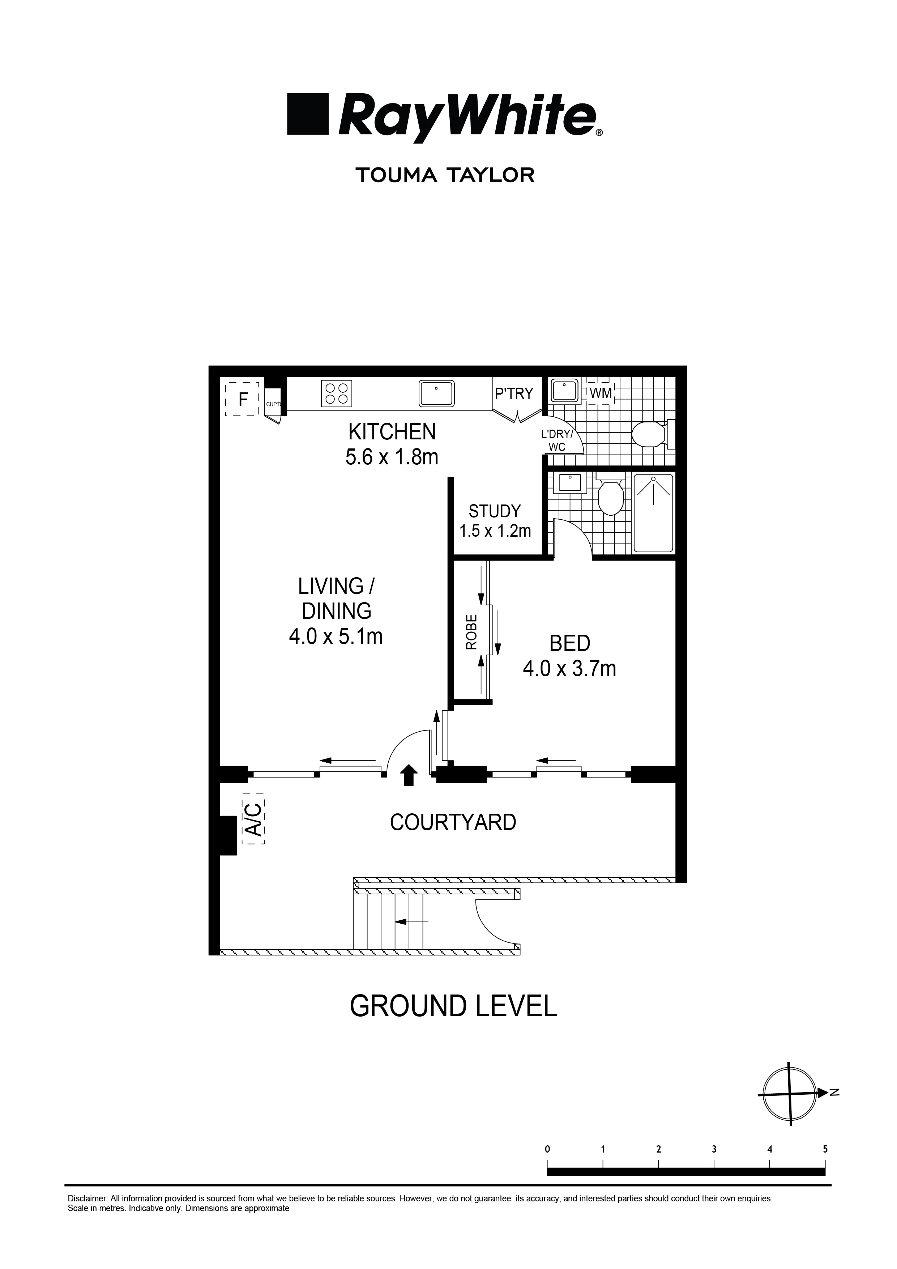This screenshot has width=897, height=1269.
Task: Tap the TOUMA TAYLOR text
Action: (445, 176)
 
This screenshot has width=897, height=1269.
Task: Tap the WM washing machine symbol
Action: (601, 393)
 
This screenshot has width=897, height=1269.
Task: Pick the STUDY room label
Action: (495, 510)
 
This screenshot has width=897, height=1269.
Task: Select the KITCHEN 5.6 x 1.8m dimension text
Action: (392, 457)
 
